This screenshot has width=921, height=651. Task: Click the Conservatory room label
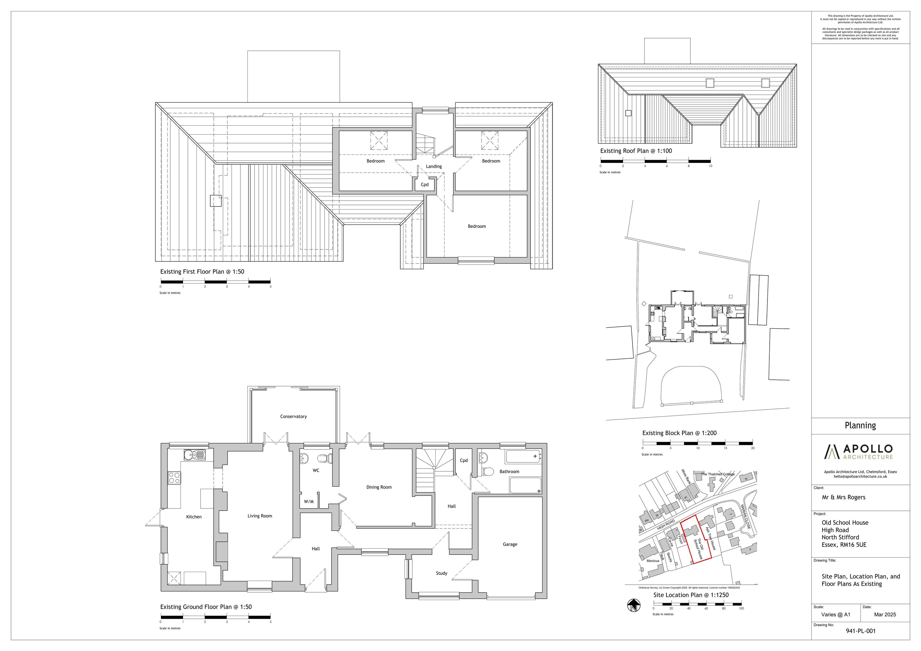pyautogui.click(x=293, y=416)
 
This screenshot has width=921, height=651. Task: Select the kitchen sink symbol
pyautogui.click(x=195, y=455)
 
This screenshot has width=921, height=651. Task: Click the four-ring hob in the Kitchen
pyautogui.click(x=174, y=478)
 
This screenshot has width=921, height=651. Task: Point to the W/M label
pyautogui.click(x=309, y=502)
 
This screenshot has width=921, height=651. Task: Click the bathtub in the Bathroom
pyautogui.click(x=523, y=457)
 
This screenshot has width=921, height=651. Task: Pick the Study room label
pyautogui.click(x=441, y=573)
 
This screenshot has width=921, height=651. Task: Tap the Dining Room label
pyautogui.click(x=379, y=487)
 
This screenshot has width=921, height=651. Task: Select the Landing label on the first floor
pyautogui.click(x=433, y=166)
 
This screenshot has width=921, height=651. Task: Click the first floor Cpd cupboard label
pyautogui.click(x=424, y=185)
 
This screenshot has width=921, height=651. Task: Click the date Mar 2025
pyautogui.click(x=884, y=614)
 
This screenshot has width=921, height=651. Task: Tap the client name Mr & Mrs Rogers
pyautogui.click(x=844, y=497)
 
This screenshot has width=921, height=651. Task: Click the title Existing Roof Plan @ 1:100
pyautogui.click(x=636, y=151)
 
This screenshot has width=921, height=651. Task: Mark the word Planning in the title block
pyautogui.click(x=860, y=426)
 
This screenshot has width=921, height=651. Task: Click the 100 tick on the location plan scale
pyautogui.click(x=741, y=609)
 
